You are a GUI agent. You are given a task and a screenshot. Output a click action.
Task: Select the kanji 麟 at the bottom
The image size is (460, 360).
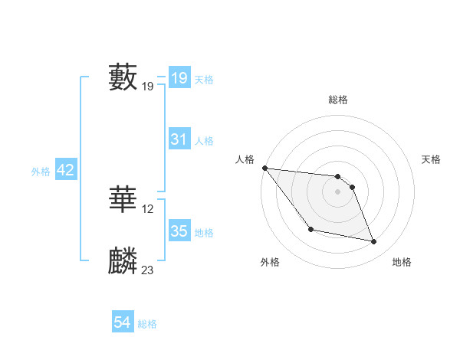click(x=123, y=260)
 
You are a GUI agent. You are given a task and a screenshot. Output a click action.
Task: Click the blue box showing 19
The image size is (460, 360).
click(x=179, y=78)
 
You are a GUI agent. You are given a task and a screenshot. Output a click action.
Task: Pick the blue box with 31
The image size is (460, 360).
click(x=179, y=139)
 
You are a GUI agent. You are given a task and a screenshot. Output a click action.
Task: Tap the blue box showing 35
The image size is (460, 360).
click(x=179, y=231)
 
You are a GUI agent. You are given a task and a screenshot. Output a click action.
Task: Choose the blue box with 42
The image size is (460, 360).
click(x=65, y=170)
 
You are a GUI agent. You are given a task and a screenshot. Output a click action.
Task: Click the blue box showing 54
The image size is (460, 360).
click(x=123, y=322)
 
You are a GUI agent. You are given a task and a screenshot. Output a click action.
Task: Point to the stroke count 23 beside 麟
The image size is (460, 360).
click(x=148, y=270)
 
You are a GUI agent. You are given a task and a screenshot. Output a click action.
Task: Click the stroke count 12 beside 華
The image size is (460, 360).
click(x=148, y=209)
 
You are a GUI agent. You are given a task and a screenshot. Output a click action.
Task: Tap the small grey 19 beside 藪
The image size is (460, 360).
click(x=148, y=87)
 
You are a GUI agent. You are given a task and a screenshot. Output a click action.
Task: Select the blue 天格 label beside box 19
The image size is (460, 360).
click(x=204, y=80)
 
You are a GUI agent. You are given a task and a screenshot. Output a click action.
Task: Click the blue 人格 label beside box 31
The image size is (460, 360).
click(x=204, y=141)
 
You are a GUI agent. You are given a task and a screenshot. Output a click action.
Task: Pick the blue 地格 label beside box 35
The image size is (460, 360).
click(x=204, y=233)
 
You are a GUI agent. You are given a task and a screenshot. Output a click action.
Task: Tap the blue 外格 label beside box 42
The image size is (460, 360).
click(x=41, y=172)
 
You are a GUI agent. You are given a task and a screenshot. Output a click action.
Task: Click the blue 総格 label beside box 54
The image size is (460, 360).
click(x=147, y=324)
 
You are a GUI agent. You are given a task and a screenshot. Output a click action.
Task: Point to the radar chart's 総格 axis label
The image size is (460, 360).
click(x=337, y=100)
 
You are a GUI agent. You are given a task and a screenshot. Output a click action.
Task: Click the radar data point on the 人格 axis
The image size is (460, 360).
click(x=264, y=168)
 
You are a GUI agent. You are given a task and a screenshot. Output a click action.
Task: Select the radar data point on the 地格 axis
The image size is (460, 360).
click(x=374, y=241)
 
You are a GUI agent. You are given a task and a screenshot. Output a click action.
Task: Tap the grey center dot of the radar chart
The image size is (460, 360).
click(x=337, y=191)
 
